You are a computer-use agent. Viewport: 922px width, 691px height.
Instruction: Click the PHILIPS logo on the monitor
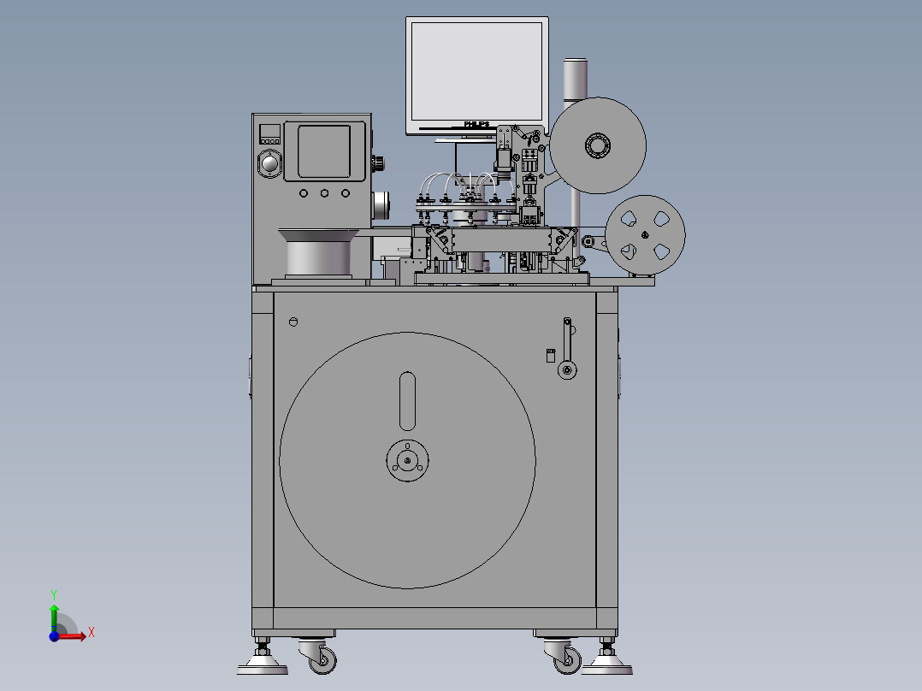tap(476, 125)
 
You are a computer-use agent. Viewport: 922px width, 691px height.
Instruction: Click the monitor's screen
tap(476, 71)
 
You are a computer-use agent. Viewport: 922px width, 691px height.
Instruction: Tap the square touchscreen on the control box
tap(323, 151)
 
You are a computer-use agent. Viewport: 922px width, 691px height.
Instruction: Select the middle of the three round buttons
tap(325, 193)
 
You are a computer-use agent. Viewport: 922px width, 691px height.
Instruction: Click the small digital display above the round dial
tap(270, 133)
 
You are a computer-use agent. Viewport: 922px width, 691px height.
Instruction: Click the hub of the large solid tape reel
tap(597, 145)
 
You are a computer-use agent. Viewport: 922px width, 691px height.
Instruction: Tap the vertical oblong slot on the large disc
tap(408, 400)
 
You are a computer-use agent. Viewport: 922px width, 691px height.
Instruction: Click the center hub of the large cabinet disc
tap(407, 461)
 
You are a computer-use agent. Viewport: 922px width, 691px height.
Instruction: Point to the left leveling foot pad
tap(263, 663)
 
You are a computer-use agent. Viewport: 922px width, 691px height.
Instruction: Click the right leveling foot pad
tap(606, 663)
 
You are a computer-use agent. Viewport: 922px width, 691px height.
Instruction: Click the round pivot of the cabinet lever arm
tap(565, 370)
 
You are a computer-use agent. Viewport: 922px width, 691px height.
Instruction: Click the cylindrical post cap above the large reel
tap(575, 78)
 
